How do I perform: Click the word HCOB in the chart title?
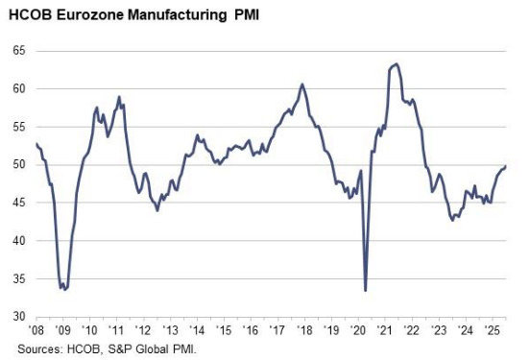tap(29, 13)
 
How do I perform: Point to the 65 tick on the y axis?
tap(19, 50)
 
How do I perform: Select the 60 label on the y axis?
tap(19, 88)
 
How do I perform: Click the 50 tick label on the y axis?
tap(19, 164)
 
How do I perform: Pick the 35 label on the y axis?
tap(19, 278)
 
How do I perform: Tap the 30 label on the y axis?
tap(19, 316)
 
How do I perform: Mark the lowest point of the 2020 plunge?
tap(366, 290)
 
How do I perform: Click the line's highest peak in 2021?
tap(397, 63)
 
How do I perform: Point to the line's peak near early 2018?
tap(302, 84)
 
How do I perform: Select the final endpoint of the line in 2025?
tap(507, 166)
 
